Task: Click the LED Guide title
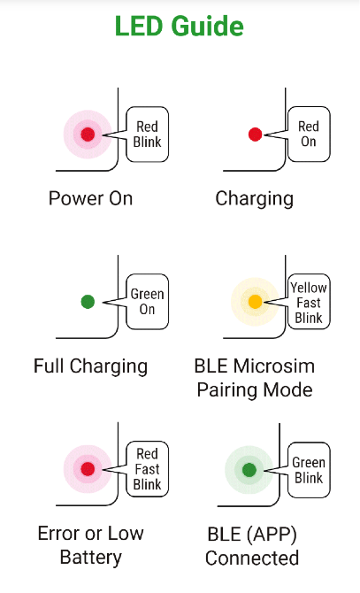coord(179,26)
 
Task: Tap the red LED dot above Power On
coord(88,135)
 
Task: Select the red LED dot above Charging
coord(255,135)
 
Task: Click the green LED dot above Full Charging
coord(88,302)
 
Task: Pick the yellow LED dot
coord(255,302)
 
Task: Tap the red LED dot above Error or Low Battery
coord(88,469)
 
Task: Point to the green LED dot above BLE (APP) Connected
coord(249,470)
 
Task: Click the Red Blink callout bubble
coord(147,135)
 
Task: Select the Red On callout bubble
coord(309,135)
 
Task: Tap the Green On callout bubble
coord(147,302)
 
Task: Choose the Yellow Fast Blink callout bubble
coord(309,302)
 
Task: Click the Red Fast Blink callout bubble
coord(147,469)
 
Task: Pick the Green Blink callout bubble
coord(309,470)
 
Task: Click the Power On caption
coord(90,198)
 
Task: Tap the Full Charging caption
coord(90,366)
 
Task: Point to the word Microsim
coord(274,366)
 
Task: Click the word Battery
coord(91,558)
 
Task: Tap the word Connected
coord(252,558)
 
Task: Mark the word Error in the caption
coord(58,533)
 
